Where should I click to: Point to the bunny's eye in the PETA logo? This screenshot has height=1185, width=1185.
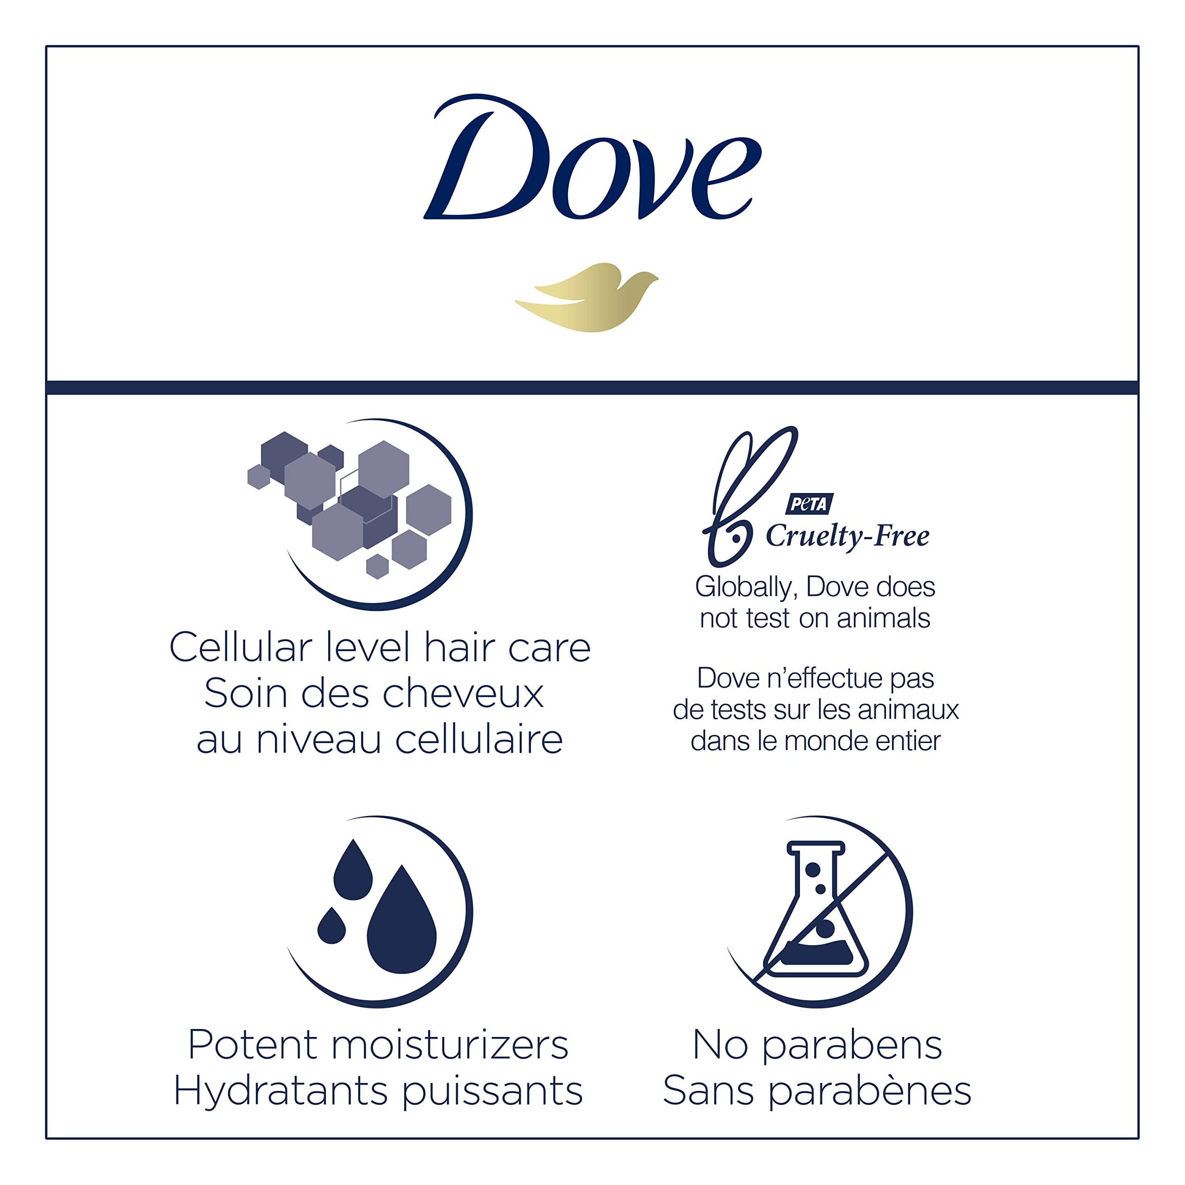(x=734, y=538)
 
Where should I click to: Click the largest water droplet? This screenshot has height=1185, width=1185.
(x=401, y=921)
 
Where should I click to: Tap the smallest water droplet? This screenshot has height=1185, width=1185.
(x=331, y=926)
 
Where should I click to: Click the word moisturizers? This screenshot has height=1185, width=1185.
(x=449, y=1045)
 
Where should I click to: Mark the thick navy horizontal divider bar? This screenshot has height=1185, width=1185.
(x=592, y=387)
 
